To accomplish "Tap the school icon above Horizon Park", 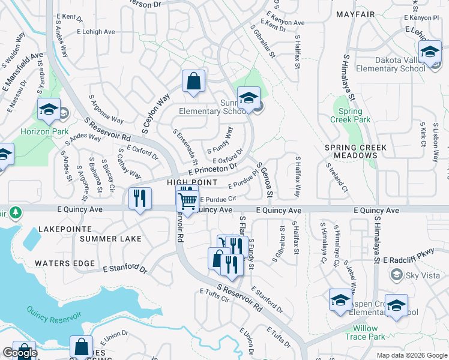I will click(x=49, y=110).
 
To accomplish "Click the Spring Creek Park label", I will click(x=350, y=115).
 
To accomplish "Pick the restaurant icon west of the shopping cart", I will click(x=140, y=199).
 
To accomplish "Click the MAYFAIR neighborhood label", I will click(x=355, y=14).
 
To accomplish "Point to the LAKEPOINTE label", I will click(x=65, y=229).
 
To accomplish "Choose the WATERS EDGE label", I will click(x=64, y=263).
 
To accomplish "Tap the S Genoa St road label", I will click(x=265, y=179).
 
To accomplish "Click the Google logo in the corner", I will click(x=20, y=353).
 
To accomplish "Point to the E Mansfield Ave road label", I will click(x=23, y=70).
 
